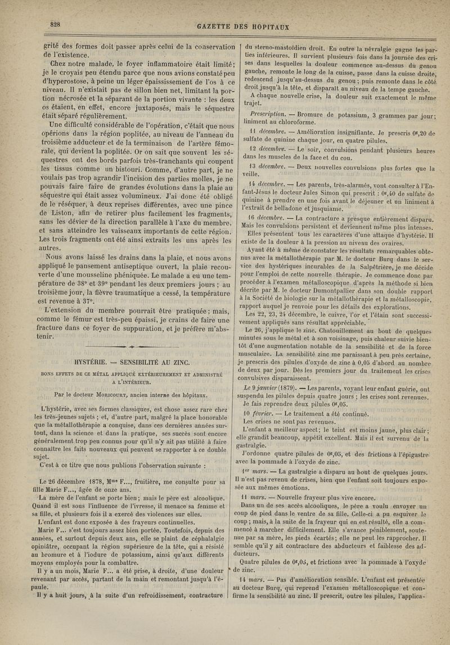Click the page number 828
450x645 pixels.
(55, 24)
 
